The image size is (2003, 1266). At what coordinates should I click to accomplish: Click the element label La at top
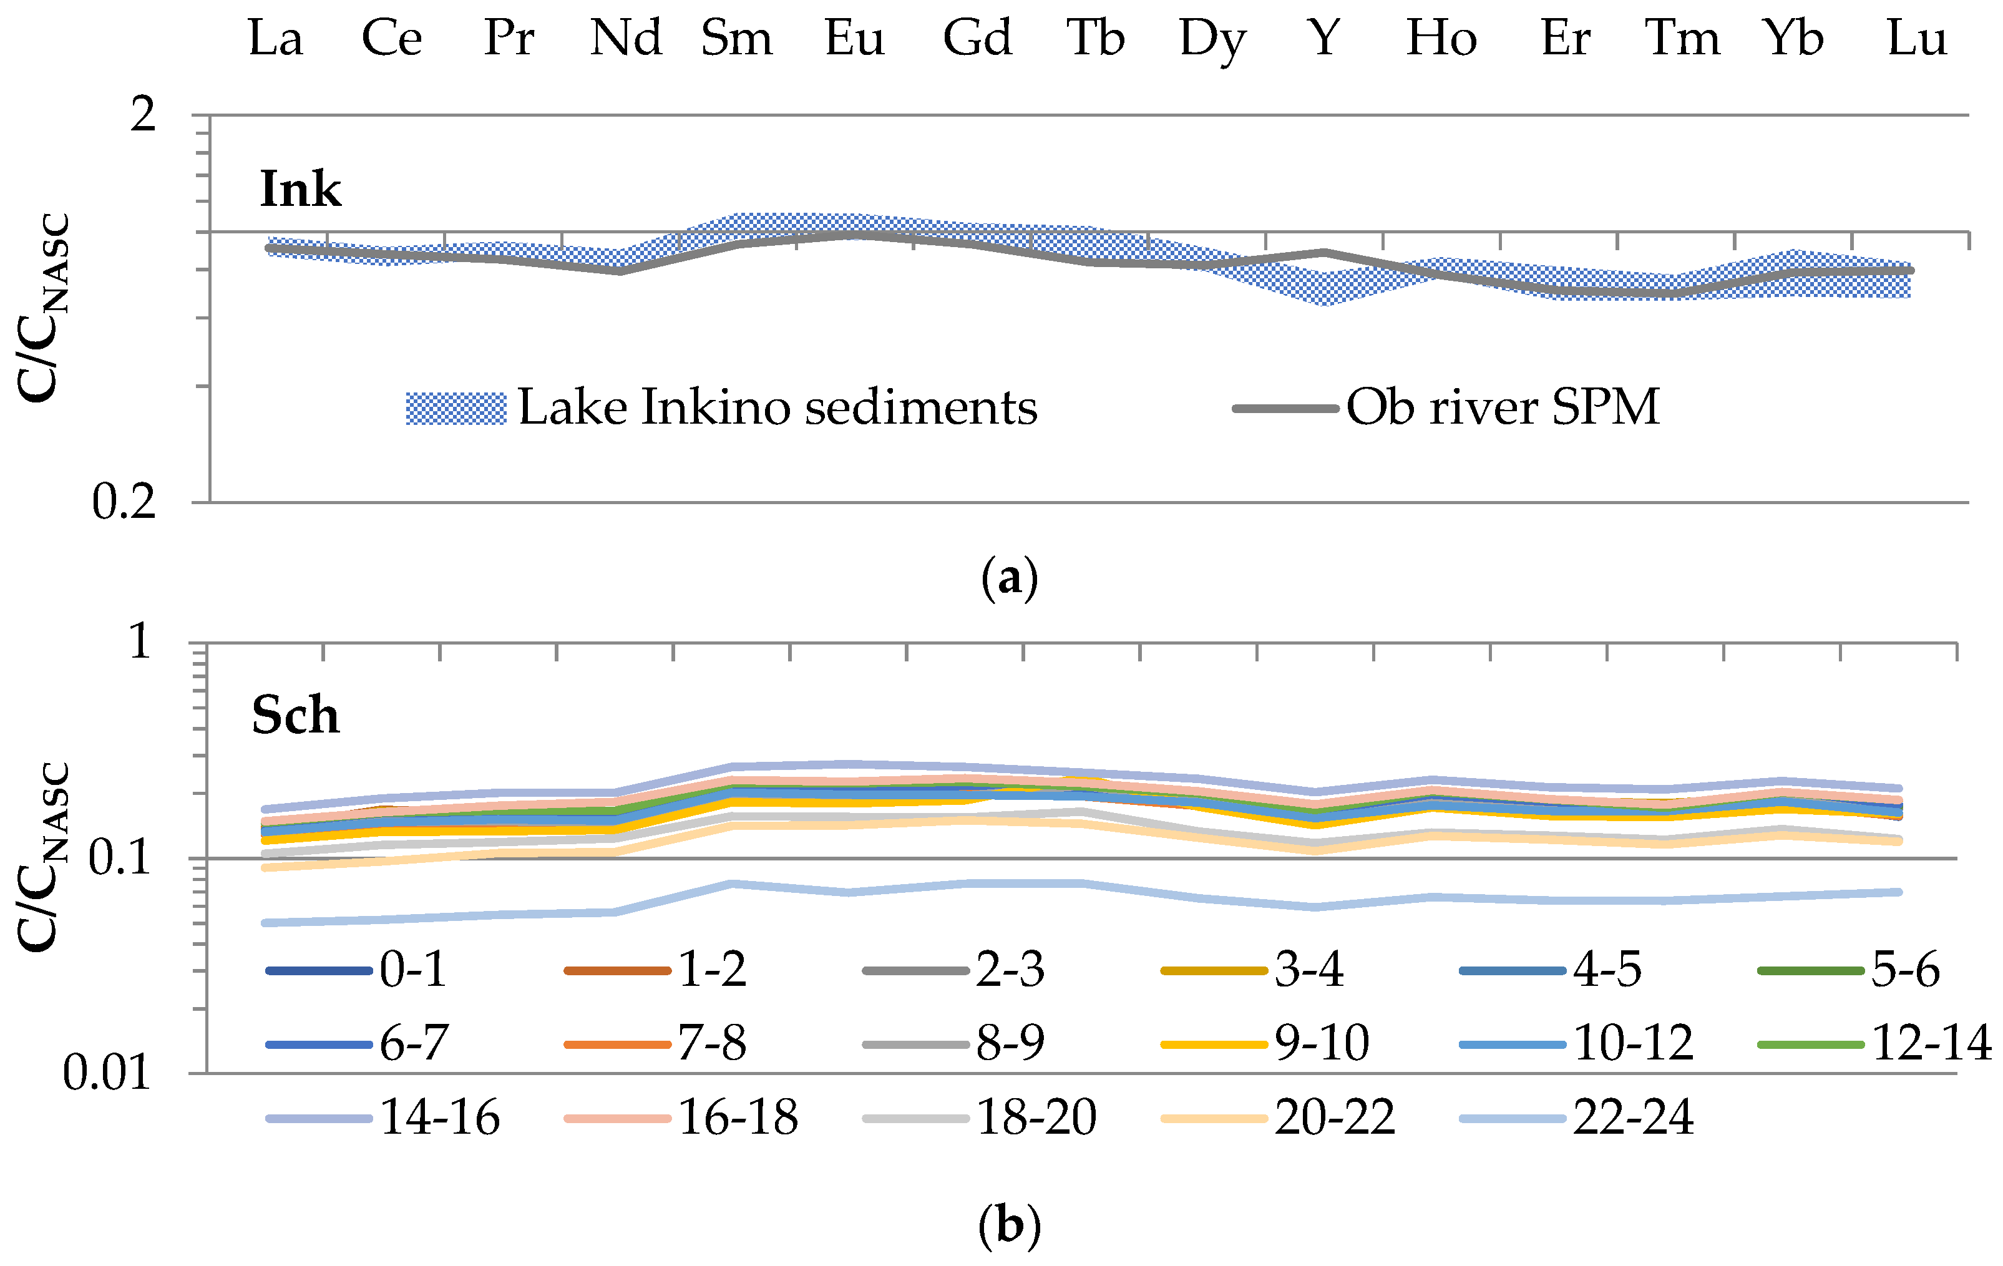(x=275, y=38)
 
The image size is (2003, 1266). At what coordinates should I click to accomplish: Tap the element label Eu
(x=854, y=38)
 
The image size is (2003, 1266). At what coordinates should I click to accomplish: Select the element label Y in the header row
(x=1323, y=38)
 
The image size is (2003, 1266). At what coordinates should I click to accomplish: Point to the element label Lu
(x=1916, y=38)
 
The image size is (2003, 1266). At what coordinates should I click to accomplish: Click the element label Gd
(x=977, y=38)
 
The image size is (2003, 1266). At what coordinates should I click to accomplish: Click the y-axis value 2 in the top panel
(x=143, y=114)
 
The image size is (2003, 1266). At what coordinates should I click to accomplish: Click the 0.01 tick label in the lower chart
(x=107, y=1073)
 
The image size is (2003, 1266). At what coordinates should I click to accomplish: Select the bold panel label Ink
(x=300, y=190)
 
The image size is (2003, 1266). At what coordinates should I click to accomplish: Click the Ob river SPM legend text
(x=1503, y=407)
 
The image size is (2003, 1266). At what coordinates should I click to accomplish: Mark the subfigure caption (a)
(x=1010, y=577)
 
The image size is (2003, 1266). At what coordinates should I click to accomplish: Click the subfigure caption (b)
(x=1010, y=1225)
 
